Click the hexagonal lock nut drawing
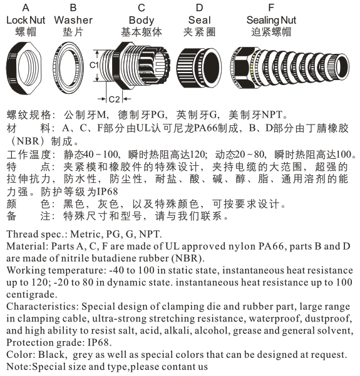click(x=12, y=68)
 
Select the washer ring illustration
click(x=56, y=68)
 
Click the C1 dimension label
click(x=94, y=65)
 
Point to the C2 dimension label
click(x=114, y=99)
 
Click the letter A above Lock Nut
click(x=26, y=8)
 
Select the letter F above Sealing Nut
click(x=271, y=8)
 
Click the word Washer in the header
click(x=73, y=20)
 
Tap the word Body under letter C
click(x=141, y=21)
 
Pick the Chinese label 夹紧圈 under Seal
click(x=199, y=32)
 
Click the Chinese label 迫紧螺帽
click(x=271, y=32)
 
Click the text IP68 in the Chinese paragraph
click(x=107, y=191)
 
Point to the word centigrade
click(x=31, y=295)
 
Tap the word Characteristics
click(x=41, y=307)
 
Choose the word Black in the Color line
click(x=51, y=355)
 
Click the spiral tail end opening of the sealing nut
click(x=342, y=66)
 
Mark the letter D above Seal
click(x=199, y=8)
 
